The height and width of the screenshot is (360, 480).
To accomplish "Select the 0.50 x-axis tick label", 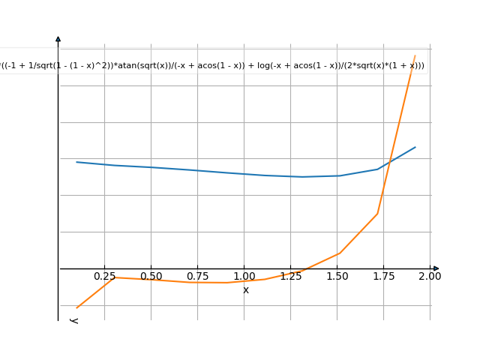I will (151, 277).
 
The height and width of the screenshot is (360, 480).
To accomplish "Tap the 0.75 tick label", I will (197, 277).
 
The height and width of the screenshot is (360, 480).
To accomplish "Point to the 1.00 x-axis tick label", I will (244, 277).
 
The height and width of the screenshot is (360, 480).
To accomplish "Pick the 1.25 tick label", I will (290, 277).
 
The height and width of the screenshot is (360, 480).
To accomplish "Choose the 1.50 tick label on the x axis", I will (337, 277).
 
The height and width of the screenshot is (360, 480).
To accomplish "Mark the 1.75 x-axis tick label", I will (383, 277).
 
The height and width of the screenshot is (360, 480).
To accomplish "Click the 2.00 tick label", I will (429, 277).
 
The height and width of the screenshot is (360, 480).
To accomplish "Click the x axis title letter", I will (245, 289).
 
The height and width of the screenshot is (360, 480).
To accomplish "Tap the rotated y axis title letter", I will (73, 320).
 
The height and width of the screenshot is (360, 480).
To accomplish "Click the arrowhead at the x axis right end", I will (436, 268).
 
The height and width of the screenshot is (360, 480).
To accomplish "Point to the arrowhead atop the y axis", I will (58, 38).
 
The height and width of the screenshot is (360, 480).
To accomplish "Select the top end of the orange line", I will (415, 55).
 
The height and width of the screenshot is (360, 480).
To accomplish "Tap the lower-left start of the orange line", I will (76, 307).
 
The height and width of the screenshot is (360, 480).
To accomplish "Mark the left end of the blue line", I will (76, 162).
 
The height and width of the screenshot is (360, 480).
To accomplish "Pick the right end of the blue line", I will (415, 147).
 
